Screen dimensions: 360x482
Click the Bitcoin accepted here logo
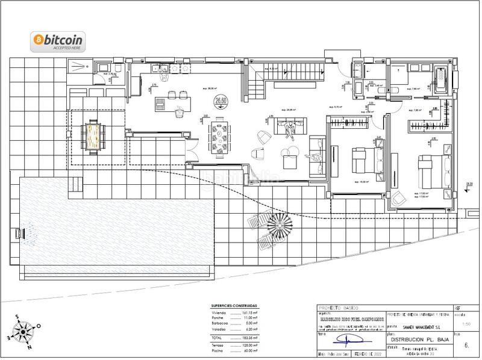coord(58,41)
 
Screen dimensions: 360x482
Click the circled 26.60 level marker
coord(221,102)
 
